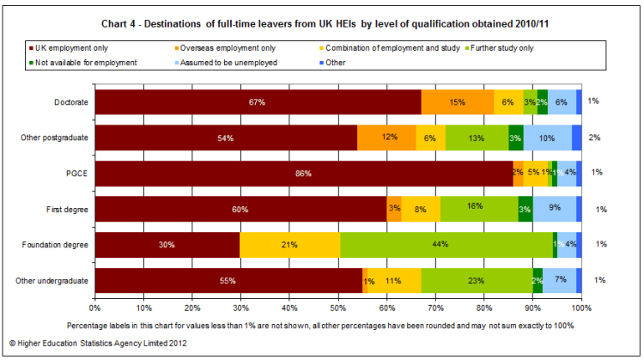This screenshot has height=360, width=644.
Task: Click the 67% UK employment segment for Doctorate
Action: (258, 101)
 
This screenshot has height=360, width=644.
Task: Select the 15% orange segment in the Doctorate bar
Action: (457, 101)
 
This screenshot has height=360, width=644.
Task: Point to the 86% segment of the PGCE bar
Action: (303, 173)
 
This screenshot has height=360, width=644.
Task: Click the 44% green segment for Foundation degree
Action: (446, 245)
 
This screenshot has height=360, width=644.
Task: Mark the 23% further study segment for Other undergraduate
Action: (477, 280)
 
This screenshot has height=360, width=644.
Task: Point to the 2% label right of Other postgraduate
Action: (595, 137)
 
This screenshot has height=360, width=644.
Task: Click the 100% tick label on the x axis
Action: (581, 306)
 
